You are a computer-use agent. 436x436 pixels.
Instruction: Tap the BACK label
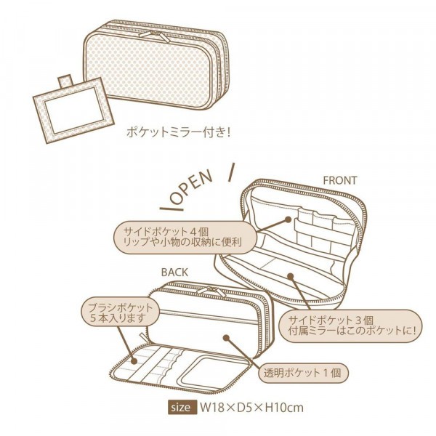click(175, 272)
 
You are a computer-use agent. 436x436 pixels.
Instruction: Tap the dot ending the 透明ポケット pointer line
click(226, 338)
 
